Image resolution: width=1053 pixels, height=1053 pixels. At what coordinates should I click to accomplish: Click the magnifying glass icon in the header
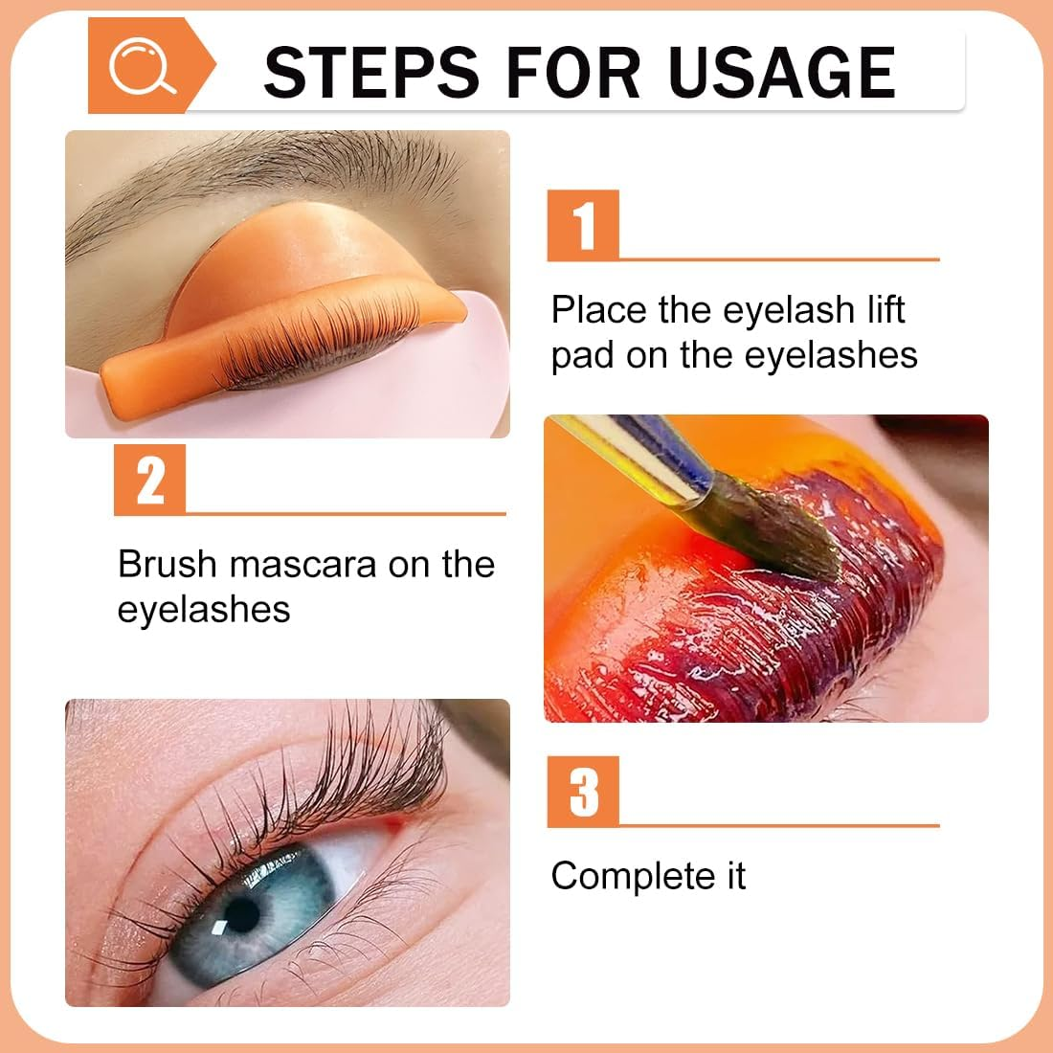pos(142,67)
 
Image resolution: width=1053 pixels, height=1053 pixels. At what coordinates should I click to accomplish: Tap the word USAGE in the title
pos(782,72)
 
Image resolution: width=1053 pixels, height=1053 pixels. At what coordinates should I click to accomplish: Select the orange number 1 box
pos(583,226)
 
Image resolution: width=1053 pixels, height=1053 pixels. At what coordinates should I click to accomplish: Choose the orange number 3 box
pos(583,792)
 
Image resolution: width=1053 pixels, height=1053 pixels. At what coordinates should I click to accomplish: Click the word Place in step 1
pos(599,310)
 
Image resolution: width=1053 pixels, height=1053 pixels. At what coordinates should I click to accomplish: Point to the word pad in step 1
pos(583,356)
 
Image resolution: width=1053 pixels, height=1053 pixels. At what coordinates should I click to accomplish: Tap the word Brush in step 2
pos(168,564)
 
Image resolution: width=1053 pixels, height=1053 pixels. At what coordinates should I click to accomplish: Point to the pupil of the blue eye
pos(241,914)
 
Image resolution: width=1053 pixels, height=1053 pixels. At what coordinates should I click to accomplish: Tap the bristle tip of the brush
pos(804,546)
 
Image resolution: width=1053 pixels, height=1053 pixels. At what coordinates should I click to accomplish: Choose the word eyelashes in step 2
pos(204,610)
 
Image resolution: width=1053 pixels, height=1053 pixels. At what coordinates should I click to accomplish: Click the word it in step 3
pos(733,876)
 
